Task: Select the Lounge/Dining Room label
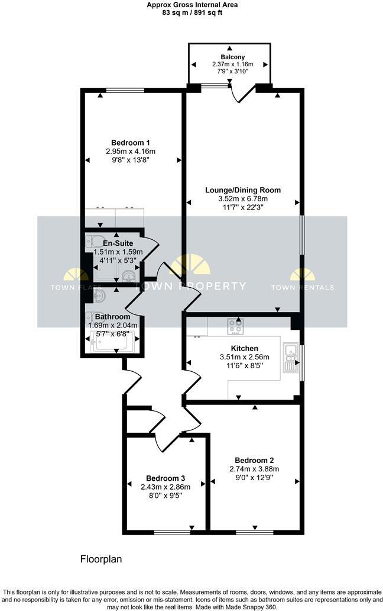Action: (x=242, y=190)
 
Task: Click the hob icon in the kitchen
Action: (x=235, y=326)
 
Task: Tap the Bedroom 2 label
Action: (x=254, y=460)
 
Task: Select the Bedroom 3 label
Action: (x=165, y=478)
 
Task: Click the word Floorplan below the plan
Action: (x=100, y=558)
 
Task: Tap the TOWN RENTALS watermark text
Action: (x=302, y=288)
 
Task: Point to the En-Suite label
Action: (x=118, y=243)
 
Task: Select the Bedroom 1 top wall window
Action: (x=125, y=90)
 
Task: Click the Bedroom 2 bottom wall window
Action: (x=254, y=532)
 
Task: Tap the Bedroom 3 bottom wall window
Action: (x=168, y=532)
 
